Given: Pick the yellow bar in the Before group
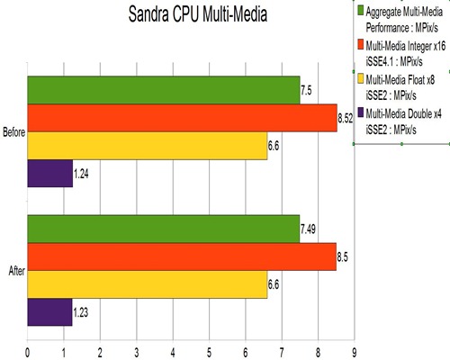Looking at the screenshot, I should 148,146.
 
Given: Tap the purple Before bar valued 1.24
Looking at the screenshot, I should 50,173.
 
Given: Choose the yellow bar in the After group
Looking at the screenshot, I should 148,284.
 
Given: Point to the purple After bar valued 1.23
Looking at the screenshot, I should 50,311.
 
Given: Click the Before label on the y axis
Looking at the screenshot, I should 13,132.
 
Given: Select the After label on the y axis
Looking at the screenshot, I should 15,271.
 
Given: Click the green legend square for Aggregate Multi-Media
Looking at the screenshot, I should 361,11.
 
